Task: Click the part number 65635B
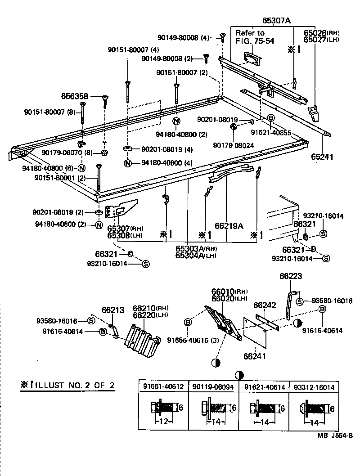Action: click(75, 96)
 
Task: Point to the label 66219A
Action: click(229, 226)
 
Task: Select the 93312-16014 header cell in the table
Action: click(313, 386)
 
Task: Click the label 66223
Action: click(290, 276)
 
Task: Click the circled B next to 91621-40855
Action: click(271, 118)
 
